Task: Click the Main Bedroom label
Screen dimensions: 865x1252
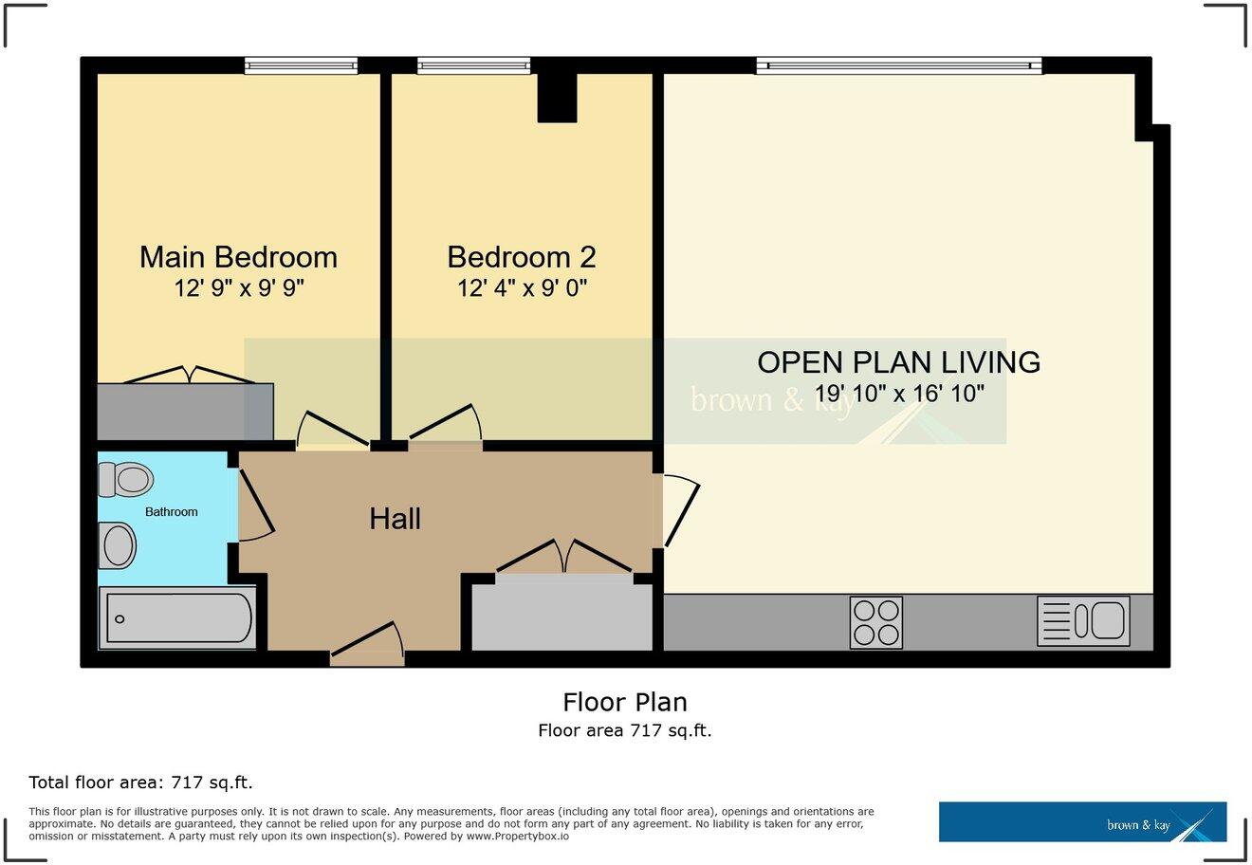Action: pyautogui.click(x=238, y=257)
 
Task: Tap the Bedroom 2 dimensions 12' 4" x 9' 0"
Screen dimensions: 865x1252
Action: pyautogui.click(x=522, y=288)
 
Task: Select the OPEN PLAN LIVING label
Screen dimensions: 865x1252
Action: pyautogui.click(x=898, y=361)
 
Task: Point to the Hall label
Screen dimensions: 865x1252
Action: pyautogui.click(x=395, y=519)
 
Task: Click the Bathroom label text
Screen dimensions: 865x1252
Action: pyautogui.click(x=171, y=512)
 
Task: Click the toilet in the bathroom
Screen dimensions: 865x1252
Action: pyautogui.click(x=125, y=480)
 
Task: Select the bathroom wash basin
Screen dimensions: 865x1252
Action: pyautogui.click(x=119, y=545)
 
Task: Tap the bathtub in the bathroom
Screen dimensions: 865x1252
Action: pyautogui.click(x=178, y=618)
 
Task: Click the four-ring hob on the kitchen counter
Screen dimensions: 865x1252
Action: pyautogui.click(x=875, y=622)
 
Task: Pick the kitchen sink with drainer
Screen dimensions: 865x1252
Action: pyautogui.click(x=1083, y=621)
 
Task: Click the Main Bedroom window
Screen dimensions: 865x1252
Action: pyautogui.click(x=301, y=65)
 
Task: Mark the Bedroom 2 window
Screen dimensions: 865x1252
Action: pyautogui.click(x=473, y=65)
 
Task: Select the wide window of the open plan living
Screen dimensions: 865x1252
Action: pyautogui.click(x=898, y=65)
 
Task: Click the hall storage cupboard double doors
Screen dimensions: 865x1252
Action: pyautogui.click(x=564, y=558)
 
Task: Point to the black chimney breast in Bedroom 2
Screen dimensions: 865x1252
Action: pyautogui.click(x=557, y=98)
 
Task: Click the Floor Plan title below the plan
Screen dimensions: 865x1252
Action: pyautogui.click(x=625, y=702)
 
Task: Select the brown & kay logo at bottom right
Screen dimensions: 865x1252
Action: pyautogui.click(x=1082, y=822)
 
